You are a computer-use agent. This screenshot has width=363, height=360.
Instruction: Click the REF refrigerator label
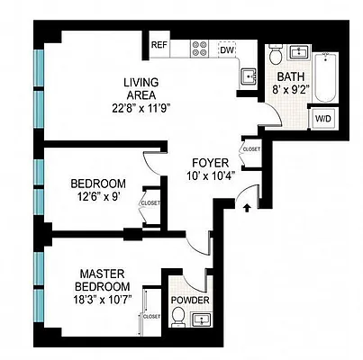click(159, 45)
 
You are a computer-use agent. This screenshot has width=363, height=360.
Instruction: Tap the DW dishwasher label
click(227, 50)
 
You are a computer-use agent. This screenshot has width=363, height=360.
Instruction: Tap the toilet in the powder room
click(178, 317)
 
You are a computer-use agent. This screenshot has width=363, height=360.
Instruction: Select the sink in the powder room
click(202, 317)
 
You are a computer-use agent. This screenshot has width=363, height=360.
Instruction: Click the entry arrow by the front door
click(249, 209)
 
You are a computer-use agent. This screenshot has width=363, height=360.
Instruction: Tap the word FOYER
click(207, 163)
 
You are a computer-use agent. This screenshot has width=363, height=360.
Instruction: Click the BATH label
click(291, 76)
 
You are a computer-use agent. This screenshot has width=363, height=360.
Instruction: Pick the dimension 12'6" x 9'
click(99, 200)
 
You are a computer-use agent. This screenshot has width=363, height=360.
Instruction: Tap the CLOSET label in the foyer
click(251, 149)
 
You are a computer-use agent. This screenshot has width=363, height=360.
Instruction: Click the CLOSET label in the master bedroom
click(150, 316)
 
